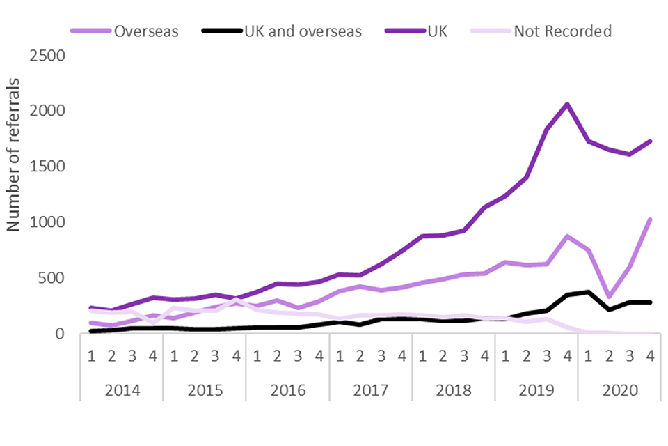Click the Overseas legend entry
(146, 31)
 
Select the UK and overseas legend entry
(303, 31)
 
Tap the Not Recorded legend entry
(562, 31)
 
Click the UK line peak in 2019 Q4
(568, 105)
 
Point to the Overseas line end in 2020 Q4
(650, 220)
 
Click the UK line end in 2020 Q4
(650, 141)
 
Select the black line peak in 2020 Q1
(588, 292)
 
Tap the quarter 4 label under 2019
(568, 355)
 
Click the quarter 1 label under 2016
(257, 355)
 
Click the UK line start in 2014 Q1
(91, 307)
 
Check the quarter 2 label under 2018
(443, 355)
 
